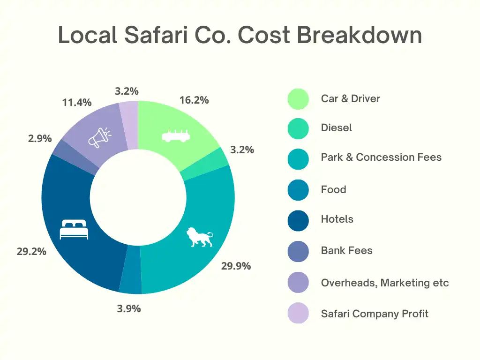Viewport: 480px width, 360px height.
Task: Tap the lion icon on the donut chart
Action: click(x=200, y=237)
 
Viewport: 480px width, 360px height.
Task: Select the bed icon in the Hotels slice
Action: click(x=74, y=229)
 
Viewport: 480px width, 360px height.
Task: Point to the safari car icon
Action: click(x=178, y=135)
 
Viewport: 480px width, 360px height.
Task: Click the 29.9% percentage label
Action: click(x=236, y=266)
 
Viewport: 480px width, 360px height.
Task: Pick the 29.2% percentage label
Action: click(x=31, y=251)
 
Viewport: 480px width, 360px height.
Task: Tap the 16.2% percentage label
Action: click(x=194, y=100)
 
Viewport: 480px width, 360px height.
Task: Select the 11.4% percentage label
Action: click(x=77, y=102)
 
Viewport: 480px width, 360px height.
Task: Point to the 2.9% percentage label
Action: click(x=40, y=138)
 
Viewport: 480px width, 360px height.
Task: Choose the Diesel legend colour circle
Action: click(x=298, y=128)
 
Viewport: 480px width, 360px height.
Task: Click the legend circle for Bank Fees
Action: click(x=298, y=251)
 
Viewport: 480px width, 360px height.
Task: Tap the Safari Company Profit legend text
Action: click(x=375, y=314)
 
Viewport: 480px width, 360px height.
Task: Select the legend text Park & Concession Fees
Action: click(x=381, y=157)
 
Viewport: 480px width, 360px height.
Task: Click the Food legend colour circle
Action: click(x=298, y=190)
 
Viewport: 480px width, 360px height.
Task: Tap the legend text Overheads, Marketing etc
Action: click(x=385, y=283)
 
